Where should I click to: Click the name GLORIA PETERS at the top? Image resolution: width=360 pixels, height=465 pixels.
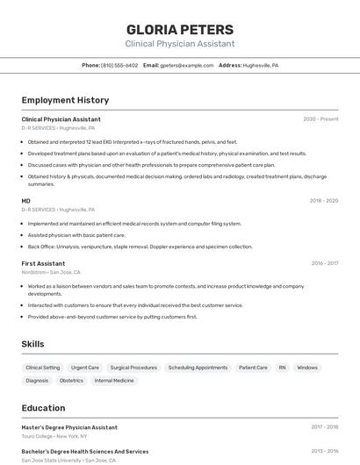(180, 29)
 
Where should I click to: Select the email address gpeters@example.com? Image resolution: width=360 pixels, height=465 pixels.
(187, 66)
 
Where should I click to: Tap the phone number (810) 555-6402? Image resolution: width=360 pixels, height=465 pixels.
(119, 66)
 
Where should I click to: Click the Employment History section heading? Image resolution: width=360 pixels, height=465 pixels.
(65, 101)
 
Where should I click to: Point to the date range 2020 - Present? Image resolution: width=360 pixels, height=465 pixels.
(320, 119)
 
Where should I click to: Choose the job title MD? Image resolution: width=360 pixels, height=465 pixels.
(26, 201)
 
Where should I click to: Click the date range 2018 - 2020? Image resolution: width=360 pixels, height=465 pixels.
(323, 201)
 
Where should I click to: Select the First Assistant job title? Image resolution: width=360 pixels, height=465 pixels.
(43, 263)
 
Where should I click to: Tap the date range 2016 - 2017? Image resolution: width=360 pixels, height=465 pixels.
(324, 263)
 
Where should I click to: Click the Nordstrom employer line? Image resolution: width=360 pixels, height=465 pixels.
(50, 272)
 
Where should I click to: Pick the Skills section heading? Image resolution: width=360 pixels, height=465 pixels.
(32, 344)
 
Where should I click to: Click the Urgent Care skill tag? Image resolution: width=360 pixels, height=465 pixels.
(85, 368)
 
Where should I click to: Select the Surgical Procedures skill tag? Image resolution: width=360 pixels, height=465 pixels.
(133, 368)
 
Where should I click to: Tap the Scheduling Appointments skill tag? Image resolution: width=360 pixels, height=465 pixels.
(198, 368)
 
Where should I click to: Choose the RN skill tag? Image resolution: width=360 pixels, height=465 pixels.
(283, 368)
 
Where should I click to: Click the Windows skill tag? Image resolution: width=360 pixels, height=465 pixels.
(307, 368)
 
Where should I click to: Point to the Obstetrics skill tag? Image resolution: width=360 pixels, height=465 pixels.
(71, 381)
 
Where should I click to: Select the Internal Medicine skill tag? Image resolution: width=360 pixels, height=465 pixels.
(114, 381)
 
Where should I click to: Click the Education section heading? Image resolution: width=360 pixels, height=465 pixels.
(43, 408)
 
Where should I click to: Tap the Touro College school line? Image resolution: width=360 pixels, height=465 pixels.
(54, 436)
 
